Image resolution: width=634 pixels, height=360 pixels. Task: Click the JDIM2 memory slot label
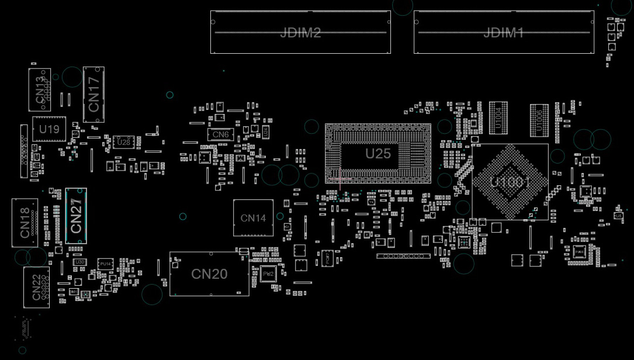click(x=300, y=33)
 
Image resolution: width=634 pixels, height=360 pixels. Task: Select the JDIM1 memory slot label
click(x=504, y=33)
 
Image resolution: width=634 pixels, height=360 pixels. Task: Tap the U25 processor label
click(x=377, y=154)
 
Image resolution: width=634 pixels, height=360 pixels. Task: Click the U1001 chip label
click(x=510, y=182)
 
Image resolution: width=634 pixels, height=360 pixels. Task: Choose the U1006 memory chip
click(x=539, y=119)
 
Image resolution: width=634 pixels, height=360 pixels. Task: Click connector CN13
click(x=40, y=89)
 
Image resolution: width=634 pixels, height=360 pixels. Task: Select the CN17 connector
click(x=93, y=95)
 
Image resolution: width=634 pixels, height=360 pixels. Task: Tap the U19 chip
click(x=48, y=129)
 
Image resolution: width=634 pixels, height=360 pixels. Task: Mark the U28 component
click(x=123, y=142)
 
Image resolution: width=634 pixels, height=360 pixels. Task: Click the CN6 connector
click(x=220, y=134)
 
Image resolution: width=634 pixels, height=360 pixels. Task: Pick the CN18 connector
click(x=25, y=223)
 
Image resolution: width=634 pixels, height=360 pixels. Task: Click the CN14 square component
click(x=253, y=218)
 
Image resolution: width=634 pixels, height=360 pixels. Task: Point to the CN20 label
click(x=209, y=274)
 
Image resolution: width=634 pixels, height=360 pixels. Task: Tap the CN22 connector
click(x=36, y=288)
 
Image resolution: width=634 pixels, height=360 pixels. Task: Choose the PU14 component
click(x=105, y=265)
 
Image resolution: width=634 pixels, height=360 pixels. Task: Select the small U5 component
click(x=618, y=216)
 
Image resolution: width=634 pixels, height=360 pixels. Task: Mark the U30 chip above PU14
click(x=80, y=262)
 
